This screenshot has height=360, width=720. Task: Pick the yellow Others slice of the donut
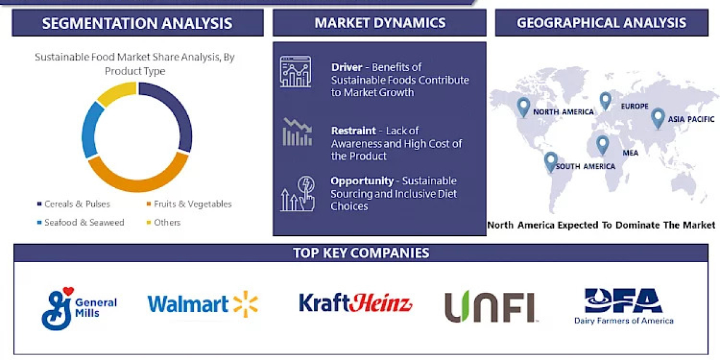[115, 92]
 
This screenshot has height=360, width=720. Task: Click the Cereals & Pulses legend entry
[73, 204]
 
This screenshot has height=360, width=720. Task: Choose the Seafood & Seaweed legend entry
[80, 222]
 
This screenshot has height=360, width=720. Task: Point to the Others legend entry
[164, 222]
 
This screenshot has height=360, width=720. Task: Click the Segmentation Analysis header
[137, 23]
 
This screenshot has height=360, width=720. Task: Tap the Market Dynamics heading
[380, 23]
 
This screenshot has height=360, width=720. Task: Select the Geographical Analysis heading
[601, 23]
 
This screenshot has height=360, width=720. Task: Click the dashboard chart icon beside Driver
[296, 71]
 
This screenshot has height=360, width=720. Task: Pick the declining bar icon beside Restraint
[297, 132]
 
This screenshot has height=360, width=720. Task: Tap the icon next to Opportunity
[298, 193]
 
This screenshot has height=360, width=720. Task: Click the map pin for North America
[524, 106]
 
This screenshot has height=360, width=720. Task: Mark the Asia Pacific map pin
[658, 117]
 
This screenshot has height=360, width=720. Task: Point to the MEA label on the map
[630, 153]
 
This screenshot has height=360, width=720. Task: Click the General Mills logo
[78, 307]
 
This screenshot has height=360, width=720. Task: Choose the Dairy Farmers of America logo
[623, 306]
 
